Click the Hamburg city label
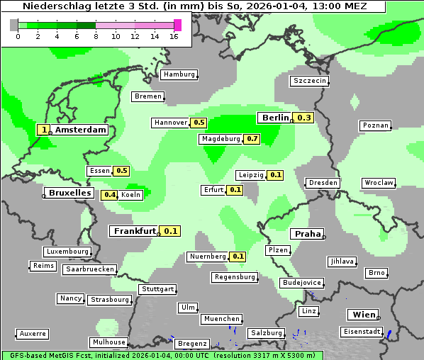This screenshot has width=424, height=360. tap(179, 74)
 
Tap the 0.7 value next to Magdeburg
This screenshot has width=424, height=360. tap(252, 139)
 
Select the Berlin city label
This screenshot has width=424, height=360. tap(275, 118)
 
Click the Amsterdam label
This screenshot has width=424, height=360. tap(80, 130)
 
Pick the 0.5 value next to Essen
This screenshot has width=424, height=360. tap(122, 171)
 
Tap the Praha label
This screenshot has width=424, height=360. tap(308, 234)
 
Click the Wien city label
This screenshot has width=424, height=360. tap(363, 315)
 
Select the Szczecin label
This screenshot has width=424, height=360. tap(310, 81)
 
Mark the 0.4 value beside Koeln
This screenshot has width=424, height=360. tap(110, 195)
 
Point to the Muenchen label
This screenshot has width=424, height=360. tap(222, 319)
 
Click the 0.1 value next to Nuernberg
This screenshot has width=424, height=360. tap(238, 257)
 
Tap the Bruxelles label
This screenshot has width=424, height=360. tap(69, 193)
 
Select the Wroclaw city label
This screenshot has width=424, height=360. tap(379, 183)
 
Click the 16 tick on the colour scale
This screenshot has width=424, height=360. tap(174, 36)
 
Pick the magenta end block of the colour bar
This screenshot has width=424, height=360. tap(177, 25)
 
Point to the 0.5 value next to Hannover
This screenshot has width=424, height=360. tap(199, 123)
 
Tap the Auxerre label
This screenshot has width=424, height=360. tap(33, 333)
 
